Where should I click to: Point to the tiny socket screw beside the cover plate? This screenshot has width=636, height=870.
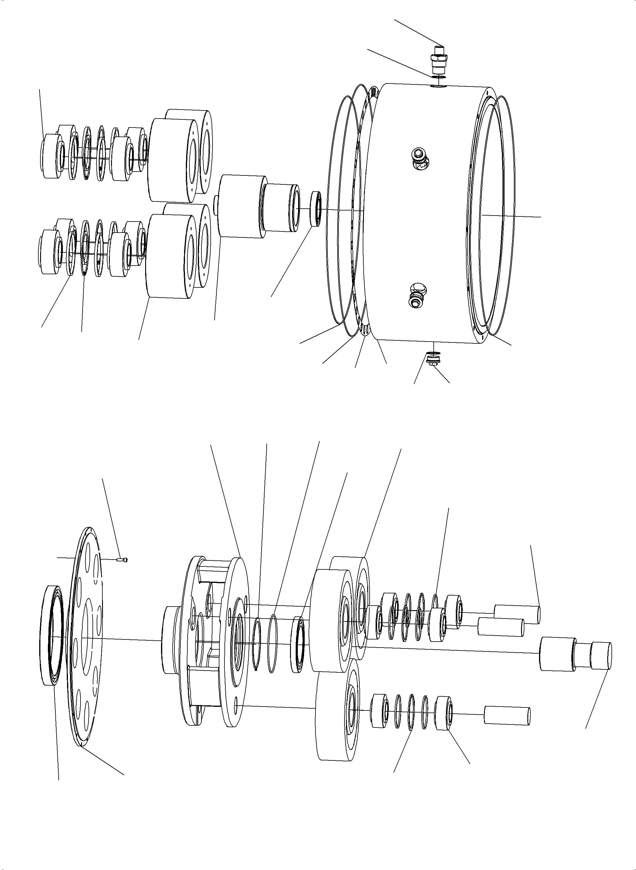pos(123,559)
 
